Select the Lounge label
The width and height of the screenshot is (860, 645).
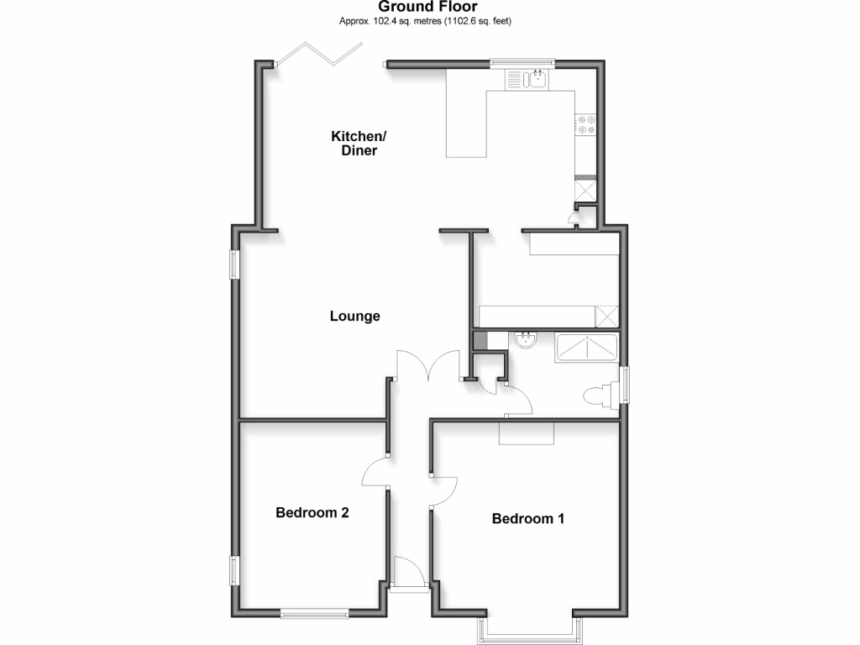pos(354,317)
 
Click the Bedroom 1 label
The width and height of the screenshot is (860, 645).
pos(527,518)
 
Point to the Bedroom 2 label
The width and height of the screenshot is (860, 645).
pos(312,512)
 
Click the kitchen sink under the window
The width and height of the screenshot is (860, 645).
pos(527,80)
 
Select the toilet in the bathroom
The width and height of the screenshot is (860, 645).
pos(599,395)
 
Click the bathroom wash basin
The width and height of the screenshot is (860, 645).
pos(527,342)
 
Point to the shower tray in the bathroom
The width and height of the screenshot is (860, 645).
pos(585,347)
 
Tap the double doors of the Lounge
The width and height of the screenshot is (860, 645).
pos(428,366)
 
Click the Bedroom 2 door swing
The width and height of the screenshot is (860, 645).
pos(375,474)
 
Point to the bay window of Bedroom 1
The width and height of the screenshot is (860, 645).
pos(529,629)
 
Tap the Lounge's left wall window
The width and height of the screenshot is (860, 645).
pos(236,265)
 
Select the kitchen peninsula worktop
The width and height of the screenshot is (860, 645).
pos(467,126)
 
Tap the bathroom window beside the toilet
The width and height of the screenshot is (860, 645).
pos(624,385)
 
